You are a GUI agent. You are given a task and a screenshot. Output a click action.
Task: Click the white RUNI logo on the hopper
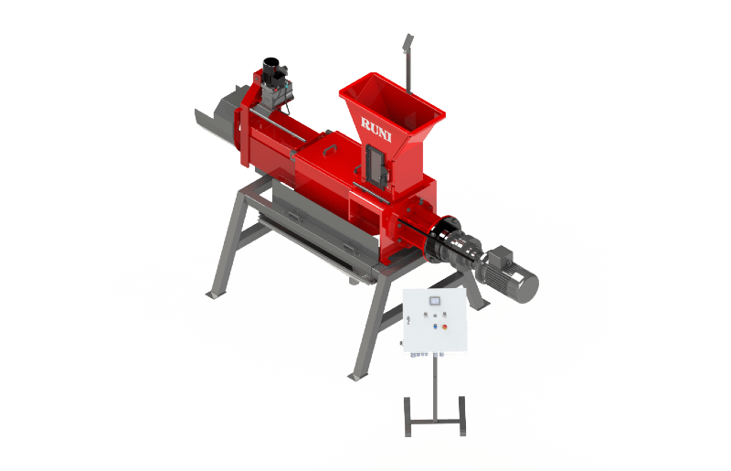[376, 128]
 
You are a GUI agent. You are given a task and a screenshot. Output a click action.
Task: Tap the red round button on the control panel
[445, 326]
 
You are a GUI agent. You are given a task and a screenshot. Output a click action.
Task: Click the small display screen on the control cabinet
[436, 301]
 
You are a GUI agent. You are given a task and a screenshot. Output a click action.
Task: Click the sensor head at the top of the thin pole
[408, 41]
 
